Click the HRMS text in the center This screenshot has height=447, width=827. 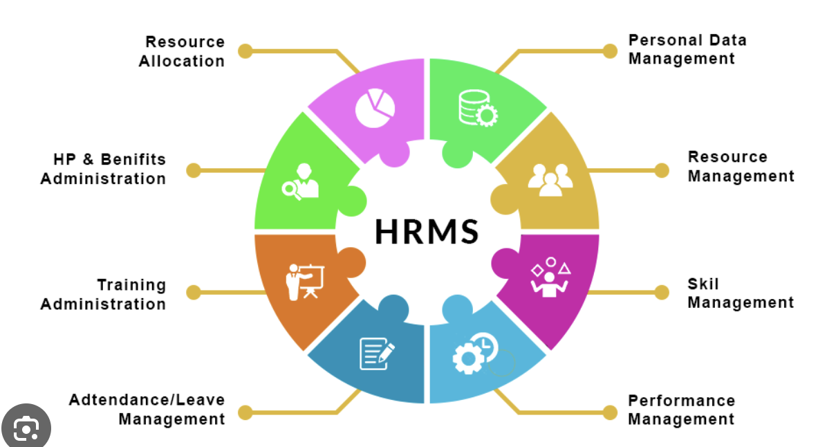coord(426,231)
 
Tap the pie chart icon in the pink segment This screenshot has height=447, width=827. coord(375,108)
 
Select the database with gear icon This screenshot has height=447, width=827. coord(477,108)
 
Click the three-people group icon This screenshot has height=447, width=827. coord(550,180)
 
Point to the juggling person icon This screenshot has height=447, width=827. coord(550,277)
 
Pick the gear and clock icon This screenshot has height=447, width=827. coord(475,353)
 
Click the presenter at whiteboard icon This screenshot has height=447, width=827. coord(305,282)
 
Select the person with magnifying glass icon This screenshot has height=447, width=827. coord(301,181)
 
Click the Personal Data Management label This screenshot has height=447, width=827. coord(687,49)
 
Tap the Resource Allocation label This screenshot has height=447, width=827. coord(182,51)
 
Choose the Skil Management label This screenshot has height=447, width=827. coord(741,293)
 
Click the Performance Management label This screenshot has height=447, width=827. coord(681,410)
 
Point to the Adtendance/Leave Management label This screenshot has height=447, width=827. coord(147,409)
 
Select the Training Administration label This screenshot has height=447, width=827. coord(104,294)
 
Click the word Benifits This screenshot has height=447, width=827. coord(133,159)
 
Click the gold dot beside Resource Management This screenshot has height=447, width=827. coord(661,170)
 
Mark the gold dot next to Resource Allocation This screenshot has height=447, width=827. coord(245,51)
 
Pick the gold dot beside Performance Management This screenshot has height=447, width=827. coord(610,412)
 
